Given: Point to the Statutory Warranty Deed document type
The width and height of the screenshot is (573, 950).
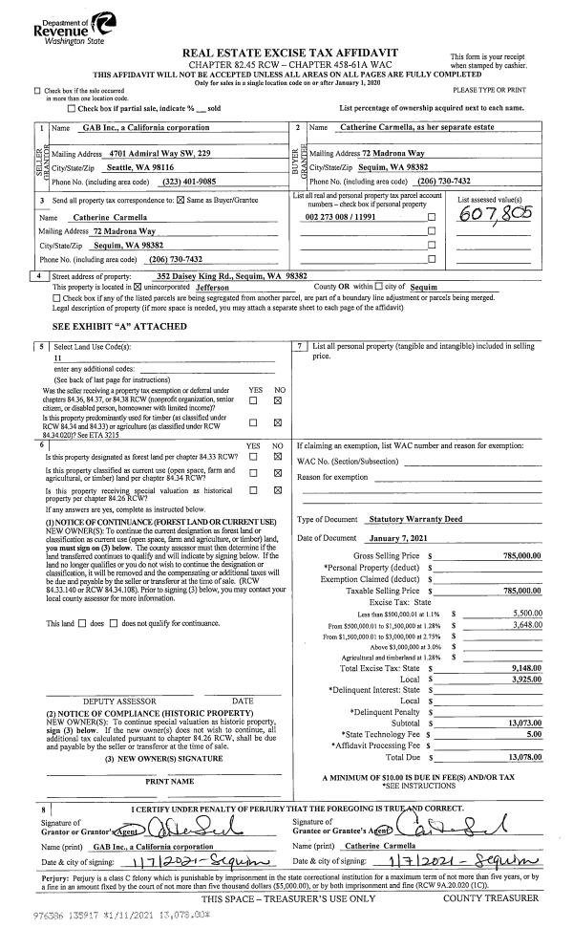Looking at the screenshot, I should click(x=413, y=519).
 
